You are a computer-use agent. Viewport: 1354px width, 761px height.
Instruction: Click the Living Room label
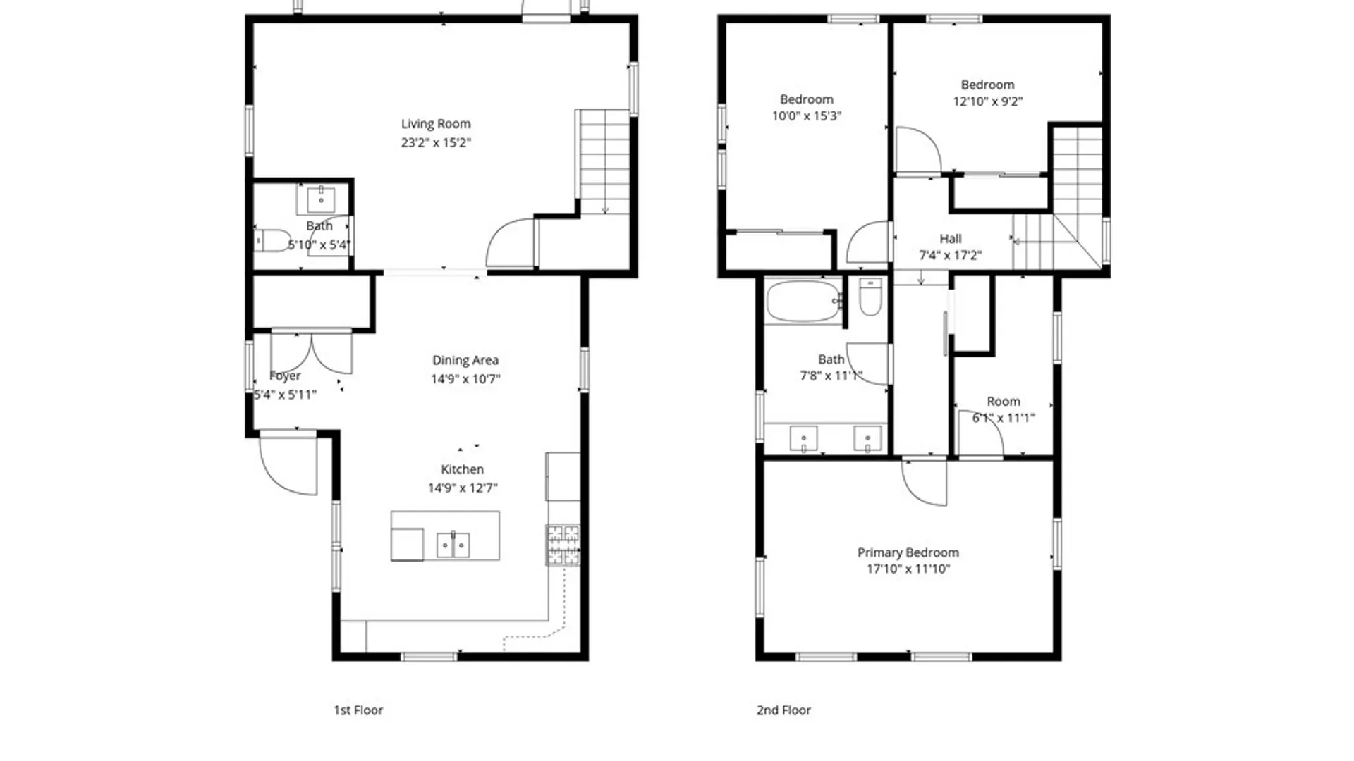pos(436,124)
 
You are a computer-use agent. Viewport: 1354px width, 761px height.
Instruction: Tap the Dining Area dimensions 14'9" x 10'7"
pos(465,379)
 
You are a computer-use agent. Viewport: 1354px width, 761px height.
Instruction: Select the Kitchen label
pos(462,469)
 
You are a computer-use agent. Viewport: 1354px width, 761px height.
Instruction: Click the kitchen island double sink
pos(453,545)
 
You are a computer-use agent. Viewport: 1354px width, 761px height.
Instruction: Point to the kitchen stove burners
pos(563,545)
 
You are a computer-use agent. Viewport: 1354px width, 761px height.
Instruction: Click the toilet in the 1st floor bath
pos(272,240)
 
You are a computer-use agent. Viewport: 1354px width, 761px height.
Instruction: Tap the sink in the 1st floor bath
pos(321,199)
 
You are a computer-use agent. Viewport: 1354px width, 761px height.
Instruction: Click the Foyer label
pos(285,376)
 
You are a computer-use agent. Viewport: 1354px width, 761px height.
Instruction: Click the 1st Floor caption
pos(358,710)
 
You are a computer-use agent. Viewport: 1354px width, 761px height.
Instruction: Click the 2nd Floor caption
pos(783,710)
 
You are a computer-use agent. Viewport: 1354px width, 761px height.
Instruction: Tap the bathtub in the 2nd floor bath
pos(803,302)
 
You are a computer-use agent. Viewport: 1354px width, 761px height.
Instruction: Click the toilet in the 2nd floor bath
pos(870,297)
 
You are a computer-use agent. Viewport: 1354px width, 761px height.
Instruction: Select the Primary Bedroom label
pos(908,552)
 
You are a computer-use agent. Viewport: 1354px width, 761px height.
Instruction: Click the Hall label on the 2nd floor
pos(951,239)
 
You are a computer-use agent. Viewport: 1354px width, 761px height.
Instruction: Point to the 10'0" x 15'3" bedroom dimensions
pos(807,116)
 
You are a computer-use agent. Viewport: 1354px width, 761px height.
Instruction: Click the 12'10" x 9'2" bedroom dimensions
pos(987,101)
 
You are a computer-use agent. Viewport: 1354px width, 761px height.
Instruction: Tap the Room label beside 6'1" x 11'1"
pos(1004,401)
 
